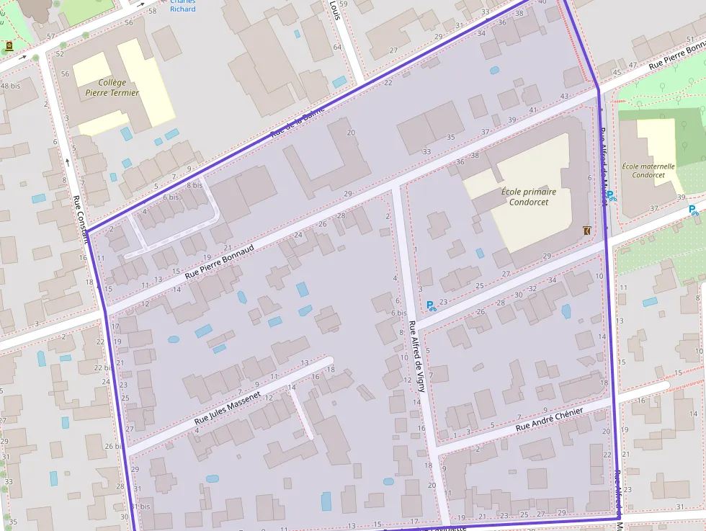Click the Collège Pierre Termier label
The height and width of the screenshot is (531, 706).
[107, 87]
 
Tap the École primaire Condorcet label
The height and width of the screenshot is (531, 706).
[529, 197]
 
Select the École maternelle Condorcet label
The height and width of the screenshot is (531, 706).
[648, 170]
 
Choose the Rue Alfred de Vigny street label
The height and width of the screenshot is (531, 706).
[416, 356]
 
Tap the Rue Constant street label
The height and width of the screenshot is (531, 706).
[79, 219]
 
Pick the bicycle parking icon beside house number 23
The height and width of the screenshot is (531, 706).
[432, 305]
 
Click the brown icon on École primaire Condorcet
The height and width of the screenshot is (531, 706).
[586, 231]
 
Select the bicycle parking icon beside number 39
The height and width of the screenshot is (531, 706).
[693, 210]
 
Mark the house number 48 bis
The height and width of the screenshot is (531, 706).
[11, 86]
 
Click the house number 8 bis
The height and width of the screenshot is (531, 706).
[194, 185]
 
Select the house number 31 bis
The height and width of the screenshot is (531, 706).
[140, 507]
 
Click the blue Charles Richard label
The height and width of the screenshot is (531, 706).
[182, 6]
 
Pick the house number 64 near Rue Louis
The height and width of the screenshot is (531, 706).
[337, 47]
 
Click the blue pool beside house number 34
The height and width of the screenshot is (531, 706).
[566, 311]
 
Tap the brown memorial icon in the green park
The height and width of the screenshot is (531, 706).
[9, 46]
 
